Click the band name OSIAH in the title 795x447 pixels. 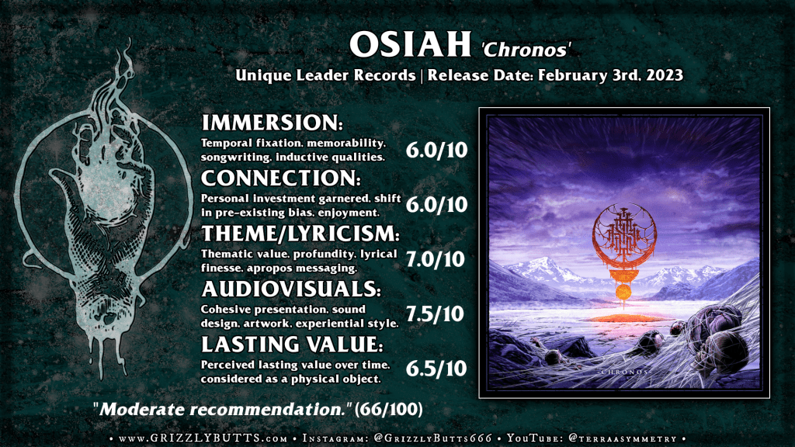coord(410,44)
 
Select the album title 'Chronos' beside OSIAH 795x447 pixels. coord(526,49)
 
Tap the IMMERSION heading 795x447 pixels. coord(272,123)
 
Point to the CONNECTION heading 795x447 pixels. coord(281,178)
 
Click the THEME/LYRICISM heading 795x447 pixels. coord(300,234)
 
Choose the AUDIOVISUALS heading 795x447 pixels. coord(291,289)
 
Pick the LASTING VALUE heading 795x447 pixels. coord(292,344)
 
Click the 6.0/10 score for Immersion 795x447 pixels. coord(436,150)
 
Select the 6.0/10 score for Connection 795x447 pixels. coord(436,204)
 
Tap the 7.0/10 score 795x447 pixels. coord(436,259)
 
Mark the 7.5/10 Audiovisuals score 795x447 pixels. coord(435,314)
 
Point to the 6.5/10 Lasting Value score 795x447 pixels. coord(436,369)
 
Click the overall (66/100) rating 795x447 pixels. coord(388,409)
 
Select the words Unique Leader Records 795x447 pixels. coord(325,75)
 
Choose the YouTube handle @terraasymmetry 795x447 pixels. coord(623,438)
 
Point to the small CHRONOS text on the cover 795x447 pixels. coord(623,372)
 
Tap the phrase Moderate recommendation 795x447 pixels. coord(222,409)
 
